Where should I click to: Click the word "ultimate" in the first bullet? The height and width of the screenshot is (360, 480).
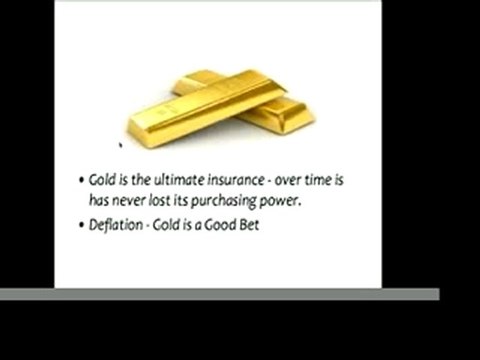184,181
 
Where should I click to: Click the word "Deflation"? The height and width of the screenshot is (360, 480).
113,225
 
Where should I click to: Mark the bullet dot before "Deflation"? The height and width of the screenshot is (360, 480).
81,226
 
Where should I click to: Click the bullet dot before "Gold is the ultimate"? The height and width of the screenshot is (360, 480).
81,182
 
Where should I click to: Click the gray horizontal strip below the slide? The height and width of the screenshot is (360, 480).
220,294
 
